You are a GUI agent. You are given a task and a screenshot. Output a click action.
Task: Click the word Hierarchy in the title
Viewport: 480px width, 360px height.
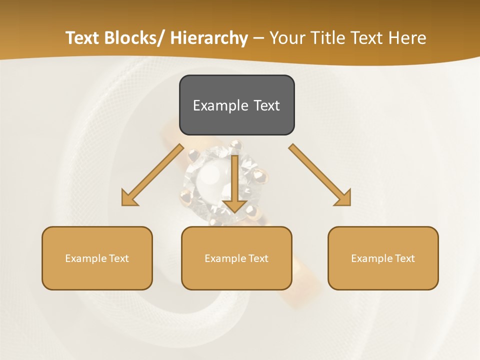[209, 38]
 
